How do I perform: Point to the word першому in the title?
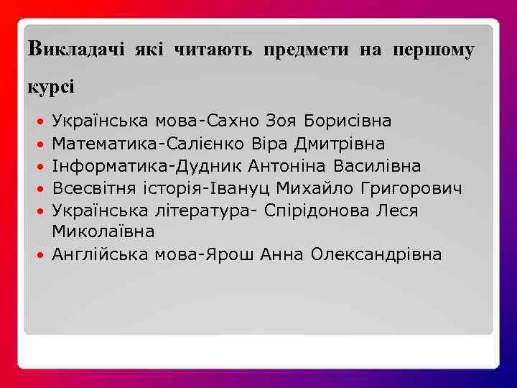tap(434, 50)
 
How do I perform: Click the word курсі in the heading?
tap(50, 86)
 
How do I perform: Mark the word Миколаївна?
tap(103, 232)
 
